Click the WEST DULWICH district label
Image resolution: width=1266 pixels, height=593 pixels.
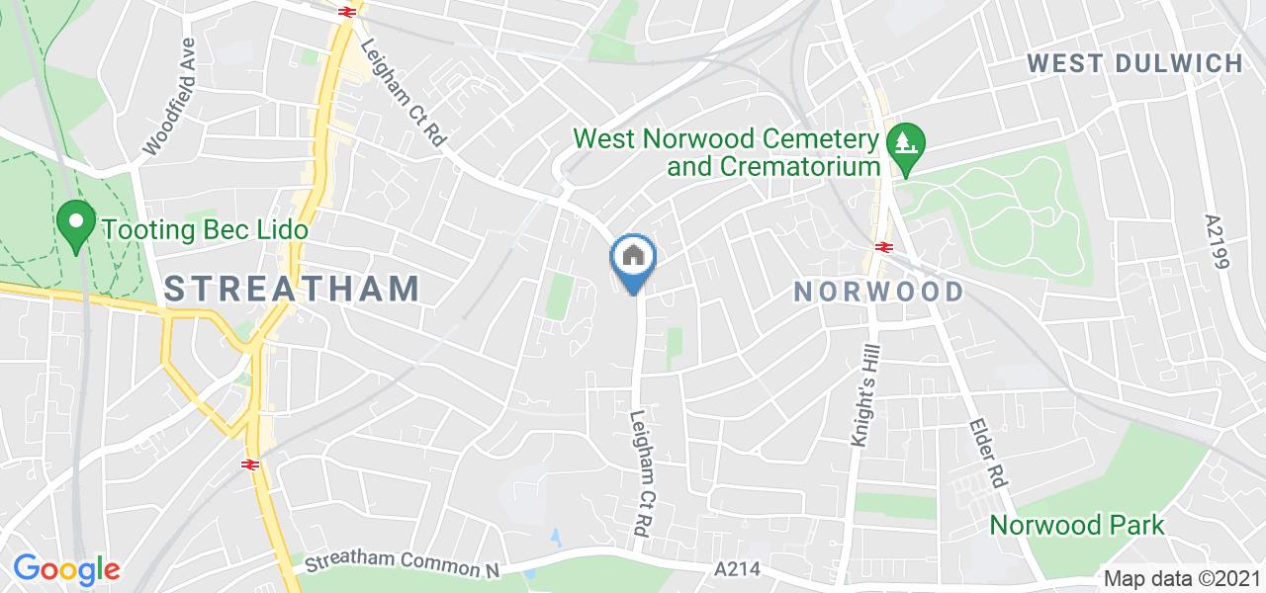[x=1134, y=64]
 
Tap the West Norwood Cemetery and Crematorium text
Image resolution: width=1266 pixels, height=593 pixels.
[x=726, y=151]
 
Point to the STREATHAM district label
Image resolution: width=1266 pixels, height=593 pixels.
[x=292, y=289]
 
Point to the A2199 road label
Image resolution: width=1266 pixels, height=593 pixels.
[x=1216, y=243]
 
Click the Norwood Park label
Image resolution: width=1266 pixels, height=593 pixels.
[x=1077, y=525]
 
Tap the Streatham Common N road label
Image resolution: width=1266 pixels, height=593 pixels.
[x=400, y=561]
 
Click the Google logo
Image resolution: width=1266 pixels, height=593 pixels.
[x=66, y=569]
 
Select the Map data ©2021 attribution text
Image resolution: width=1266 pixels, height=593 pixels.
[x=1182, y=579]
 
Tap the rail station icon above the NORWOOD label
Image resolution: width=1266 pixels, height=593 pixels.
[x=883, y=247]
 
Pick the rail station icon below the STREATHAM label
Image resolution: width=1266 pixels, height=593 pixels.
[x=249, y=464]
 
